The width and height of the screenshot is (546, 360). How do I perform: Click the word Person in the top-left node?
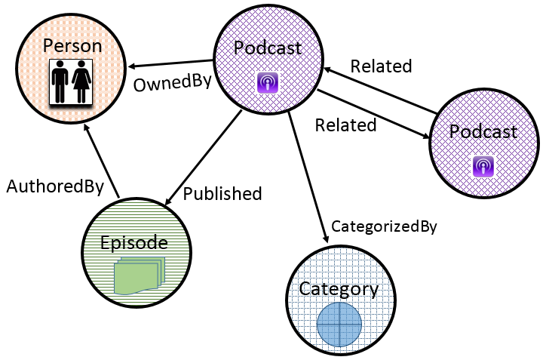72,46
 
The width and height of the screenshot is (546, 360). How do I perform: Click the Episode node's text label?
133,243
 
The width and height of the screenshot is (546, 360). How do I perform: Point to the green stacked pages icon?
138,274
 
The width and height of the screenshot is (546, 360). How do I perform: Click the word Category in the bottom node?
339,288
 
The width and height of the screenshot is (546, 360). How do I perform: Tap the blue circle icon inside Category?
339,325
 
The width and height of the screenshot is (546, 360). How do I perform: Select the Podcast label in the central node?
268,48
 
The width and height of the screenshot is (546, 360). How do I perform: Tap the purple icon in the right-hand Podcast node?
483,165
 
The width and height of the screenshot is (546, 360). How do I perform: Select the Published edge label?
222,193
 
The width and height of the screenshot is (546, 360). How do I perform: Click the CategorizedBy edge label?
384,225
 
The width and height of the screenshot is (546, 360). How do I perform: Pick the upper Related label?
381,66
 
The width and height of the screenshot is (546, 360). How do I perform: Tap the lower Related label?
345,125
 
